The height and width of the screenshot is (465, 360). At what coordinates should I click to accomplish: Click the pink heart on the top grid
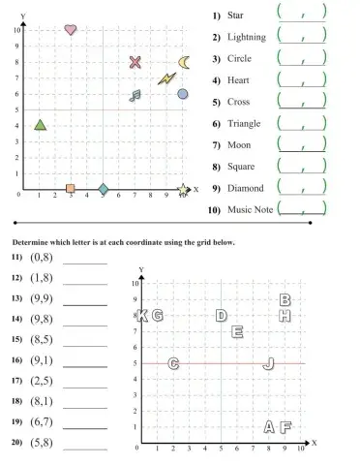(x=71, y=30)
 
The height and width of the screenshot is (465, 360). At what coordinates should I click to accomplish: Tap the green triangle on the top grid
(x=40, y=124)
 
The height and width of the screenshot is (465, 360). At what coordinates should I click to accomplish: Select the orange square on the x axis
(x=71, y=188)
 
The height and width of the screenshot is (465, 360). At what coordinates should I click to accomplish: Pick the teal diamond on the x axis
(x=104, y=188)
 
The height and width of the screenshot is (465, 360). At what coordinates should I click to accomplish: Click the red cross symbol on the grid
(x=135, y=63)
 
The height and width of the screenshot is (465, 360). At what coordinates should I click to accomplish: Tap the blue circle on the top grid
(x=183, y=94)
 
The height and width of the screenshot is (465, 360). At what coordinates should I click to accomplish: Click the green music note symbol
(x=135, y=95)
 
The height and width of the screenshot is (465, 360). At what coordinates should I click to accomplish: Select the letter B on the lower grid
(x=285, y=300)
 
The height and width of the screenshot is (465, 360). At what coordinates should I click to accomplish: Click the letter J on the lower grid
(x=269, y=363)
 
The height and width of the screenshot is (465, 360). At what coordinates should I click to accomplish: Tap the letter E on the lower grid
(x=237, y=331)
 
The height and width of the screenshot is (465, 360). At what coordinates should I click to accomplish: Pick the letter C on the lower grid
(x=173, y=363)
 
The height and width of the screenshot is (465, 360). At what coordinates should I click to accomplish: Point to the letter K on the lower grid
(x=143, y=316)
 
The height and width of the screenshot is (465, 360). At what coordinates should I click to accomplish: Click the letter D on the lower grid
(x=222, y=316)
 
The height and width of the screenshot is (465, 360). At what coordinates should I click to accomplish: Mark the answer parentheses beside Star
(x=302, y=14)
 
